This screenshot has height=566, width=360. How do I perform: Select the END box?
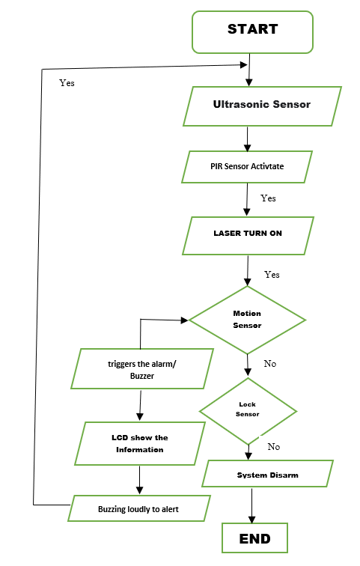tap(254, 538)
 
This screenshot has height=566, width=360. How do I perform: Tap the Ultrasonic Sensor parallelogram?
tap(262, 105)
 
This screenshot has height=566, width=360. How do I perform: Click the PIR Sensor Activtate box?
tap(246, 166)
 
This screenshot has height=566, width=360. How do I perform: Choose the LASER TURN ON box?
tap(247, 234)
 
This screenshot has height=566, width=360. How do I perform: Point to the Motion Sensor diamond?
tap(247, 320)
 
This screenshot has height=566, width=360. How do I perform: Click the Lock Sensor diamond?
tap(248, 410)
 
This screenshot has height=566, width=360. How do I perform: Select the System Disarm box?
tap(267, 475)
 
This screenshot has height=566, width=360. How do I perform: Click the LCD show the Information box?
tap(140, 444)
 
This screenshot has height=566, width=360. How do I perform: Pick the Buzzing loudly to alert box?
tap(138, 509)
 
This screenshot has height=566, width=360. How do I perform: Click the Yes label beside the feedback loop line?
tap(67, 83)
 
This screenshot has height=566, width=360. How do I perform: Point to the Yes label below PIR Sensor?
tap(268, 198)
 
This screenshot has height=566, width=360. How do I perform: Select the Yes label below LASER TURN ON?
tap(272, 275)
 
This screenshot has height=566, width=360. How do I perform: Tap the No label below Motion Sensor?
tap(270, 364)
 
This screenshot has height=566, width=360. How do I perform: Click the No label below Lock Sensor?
tap(274, 447)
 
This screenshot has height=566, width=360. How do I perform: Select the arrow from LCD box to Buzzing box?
tap(139, 480)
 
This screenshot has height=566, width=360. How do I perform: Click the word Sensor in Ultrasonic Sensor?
tap(291, 105)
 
